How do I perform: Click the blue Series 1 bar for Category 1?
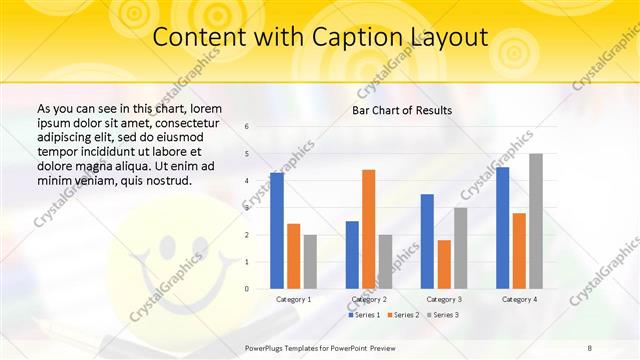[x=277, y=230]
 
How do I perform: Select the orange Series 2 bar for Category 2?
[x=368, y=229]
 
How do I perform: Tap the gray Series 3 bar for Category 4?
[x=536, y=221]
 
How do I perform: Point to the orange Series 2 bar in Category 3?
[x=444, y=264]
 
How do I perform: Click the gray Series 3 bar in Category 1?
[x=310, y=261]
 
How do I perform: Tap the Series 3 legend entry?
[x=443, y=315]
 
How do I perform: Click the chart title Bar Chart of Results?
[x=402, y=110]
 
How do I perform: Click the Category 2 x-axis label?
[x=369, y=299]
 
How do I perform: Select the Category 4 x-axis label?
[x=519, y=299]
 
